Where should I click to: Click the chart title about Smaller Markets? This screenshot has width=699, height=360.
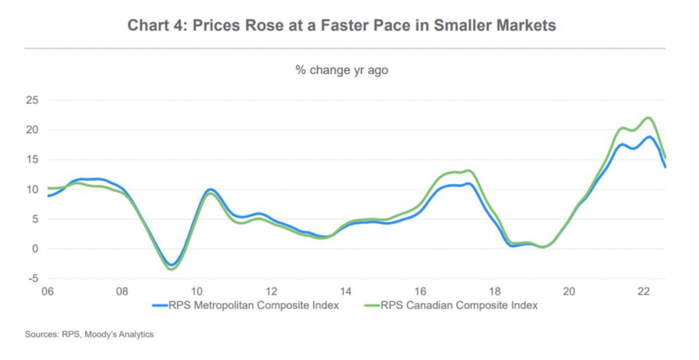(342, 26)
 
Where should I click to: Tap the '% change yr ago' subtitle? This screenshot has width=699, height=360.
(342, 70)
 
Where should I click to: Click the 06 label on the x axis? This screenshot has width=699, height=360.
(47, 292)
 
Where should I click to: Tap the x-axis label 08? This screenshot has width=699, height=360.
(122, 292)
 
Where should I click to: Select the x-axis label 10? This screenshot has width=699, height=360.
(196, 292)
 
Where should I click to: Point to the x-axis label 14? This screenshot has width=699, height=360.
(345, 292)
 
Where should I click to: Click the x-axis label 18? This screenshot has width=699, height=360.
(494, 292)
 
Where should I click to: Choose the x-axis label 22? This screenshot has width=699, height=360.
(643, 292)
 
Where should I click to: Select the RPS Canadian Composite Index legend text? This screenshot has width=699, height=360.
(459, 305)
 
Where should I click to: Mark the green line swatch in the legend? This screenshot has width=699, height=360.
(371, 305)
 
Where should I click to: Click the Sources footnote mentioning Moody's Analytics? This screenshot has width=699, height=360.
(89, 334)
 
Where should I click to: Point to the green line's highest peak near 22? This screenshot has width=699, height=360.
(648, 118)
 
